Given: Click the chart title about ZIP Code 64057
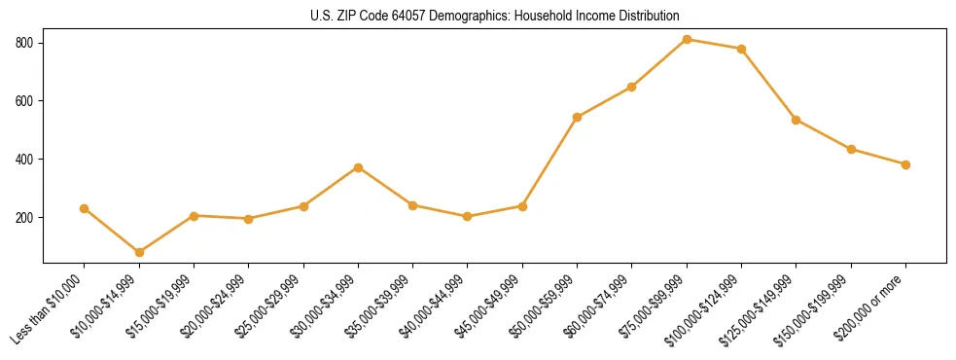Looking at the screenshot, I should (494, 16).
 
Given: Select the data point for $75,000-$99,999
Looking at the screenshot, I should (687, 40).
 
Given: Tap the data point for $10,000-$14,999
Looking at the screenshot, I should (139, 252).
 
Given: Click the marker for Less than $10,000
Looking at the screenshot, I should (85, 208).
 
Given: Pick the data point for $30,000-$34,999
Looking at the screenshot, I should (358, 167).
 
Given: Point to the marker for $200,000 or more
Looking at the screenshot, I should (905, 164).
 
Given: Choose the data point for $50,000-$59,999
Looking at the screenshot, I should (577, 117).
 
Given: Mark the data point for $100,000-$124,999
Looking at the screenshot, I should (741, 49).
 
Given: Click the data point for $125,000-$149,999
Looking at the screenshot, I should (797, 120).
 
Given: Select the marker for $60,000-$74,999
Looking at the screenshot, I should (632, 87).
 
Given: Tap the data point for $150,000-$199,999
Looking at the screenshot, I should (851, 149).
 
